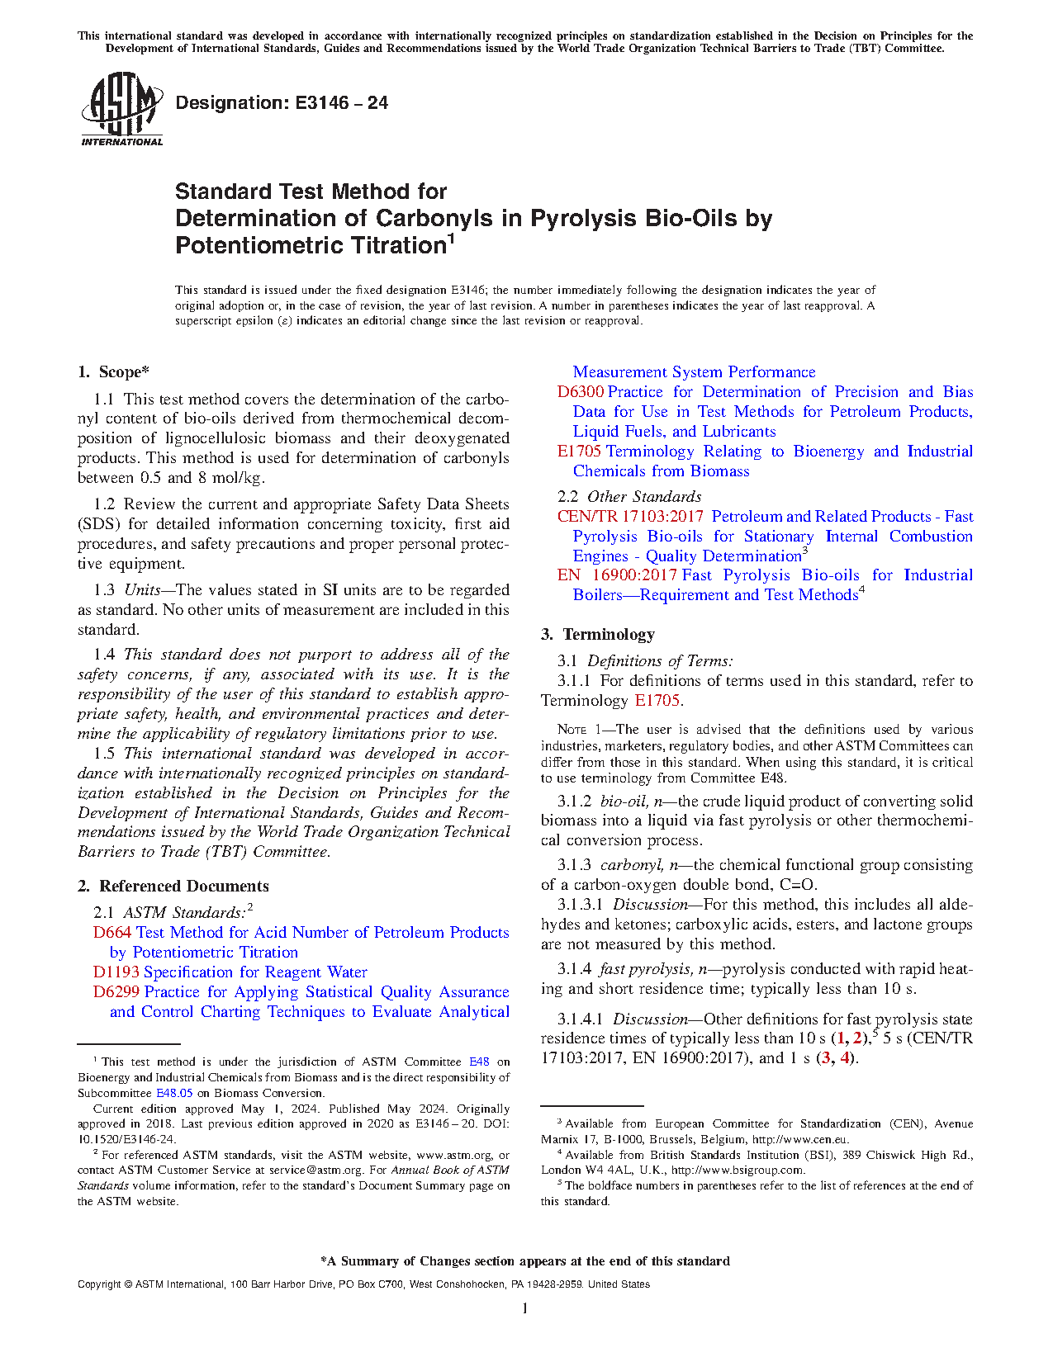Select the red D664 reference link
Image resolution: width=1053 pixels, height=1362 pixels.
pos(112,933)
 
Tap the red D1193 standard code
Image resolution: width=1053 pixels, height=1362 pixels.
pos(116,972)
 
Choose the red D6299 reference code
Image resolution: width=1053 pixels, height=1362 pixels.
pos(116,992)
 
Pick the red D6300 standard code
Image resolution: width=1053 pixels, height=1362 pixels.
pos(580,392)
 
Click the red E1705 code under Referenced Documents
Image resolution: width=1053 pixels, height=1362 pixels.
pos(579,452)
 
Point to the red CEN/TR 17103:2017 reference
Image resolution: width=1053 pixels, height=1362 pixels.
pos(630,517)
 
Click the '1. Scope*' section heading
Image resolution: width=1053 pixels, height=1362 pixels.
pos(114,372)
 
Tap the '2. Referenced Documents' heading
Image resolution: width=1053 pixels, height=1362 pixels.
pos(173,887)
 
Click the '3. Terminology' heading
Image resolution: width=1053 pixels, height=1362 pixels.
pos(598,635)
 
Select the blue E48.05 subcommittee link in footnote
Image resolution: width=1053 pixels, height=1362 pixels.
pos(174,1093)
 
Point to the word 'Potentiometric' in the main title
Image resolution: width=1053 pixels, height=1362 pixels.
pos(259,246)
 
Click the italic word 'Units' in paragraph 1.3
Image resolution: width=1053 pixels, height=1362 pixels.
pos(142,590)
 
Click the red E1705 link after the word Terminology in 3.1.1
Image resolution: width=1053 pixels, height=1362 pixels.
pos(657,701)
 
